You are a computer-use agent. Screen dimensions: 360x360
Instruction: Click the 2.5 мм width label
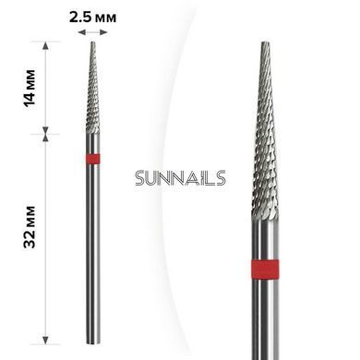92,18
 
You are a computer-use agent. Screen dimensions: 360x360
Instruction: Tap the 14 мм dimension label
30,89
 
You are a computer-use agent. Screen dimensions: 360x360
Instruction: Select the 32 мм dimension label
30,227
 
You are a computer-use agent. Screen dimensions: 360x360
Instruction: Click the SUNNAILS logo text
180,178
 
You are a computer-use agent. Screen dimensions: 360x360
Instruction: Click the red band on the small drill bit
92,159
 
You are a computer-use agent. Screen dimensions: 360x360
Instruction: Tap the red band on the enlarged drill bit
265,270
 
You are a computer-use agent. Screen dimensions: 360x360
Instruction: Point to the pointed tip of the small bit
93,42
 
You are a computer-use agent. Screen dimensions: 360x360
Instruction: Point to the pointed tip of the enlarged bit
265,43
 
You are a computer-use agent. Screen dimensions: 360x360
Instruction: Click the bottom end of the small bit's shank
93,342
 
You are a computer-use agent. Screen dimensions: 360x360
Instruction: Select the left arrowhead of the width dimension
81,32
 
